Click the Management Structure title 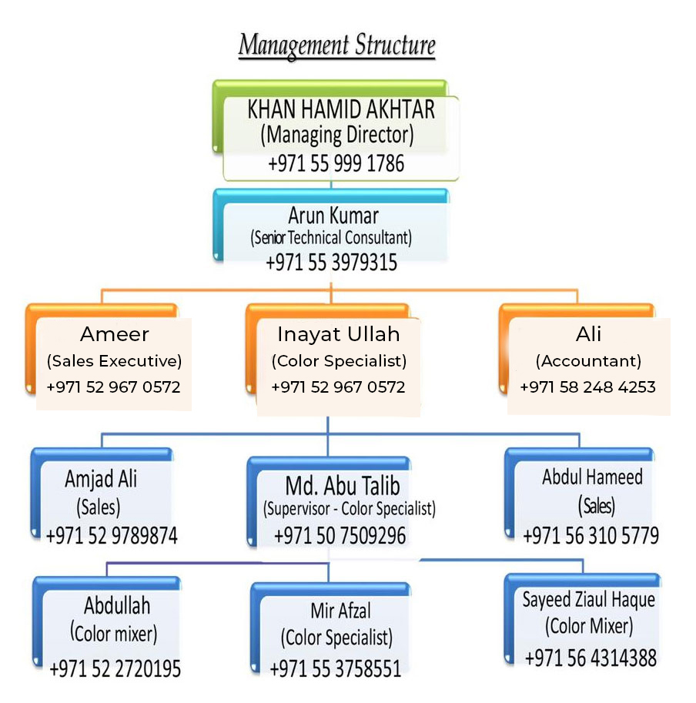pyautogui.click(x=336, y=45)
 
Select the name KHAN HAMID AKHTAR pyautogui.click(x=340, y=109)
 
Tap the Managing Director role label pyautogui.click(x=337, y=136)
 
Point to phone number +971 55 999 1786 pyautogui.click(x=336, y=163)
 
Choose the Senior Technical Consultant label pyautogui.click(x=331, y=238)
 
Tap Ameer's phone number pyautogui.click(x=113, y=387)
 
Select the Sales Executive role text pyautogui.click(x=114, y=360)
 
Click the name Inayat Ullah pyautogui.click(x=339, y=334)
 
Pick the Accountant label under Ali pyautogui.click(x=588, y=360)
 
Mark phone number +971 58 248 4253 pyautogui.click(x=587, y=387)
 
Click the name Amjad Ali pyautogui.click(x=101, y=479)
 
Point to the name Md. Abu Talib pyautogui.click(x=343, y=485)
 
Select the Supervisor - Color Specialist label pyautogui.click(x=349, y=509)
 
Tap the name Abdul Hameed pyautogui.click(x=591, y=477)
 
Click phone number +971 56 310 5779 pyautogui.click(x=591, y=535)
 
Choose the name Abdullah pyautogui.click(x=117, y=604)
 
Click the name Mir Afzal pyautogui.click(x=340, y=611)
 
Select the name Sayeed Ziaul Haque pyautogui.click(x=588, y=600)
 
